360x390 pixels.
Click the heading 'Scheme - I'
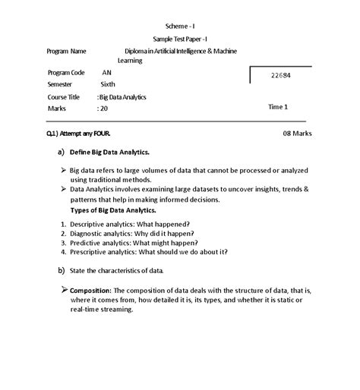point(179,26)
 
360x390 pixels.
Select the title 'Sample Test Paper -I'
point(179,39)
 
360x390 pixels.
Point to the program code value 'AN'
point(106,72)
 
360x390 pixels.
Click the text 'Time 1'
point(278,107)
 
